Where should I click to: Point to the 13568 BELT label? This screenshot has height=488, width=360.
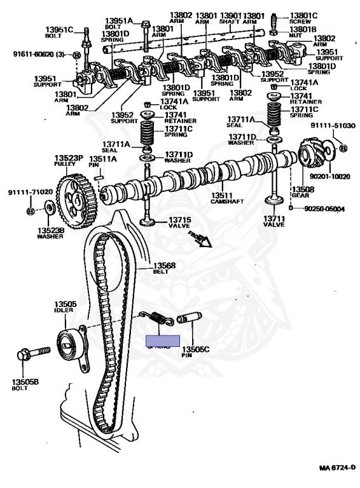coord(163,269)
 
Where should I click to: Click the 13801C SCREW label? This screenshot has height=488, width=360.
coord(303,18)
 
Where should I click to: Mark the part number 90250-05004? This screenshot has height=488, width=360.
coord(324,208)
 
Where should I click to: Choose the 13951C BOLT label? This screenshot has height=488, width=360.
coord(59,33)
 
